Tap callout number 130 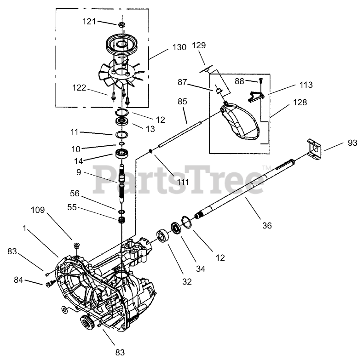(179, 47)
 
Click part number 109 (51, 210)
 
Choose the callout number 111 (183, 183)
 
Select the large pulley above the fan (123, 46)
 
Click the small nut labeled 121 (122, 24)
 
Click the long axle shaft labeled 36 (248, 189)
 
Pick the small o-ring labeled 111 (151, 151)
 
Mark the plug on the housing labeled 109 (75, 244)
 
